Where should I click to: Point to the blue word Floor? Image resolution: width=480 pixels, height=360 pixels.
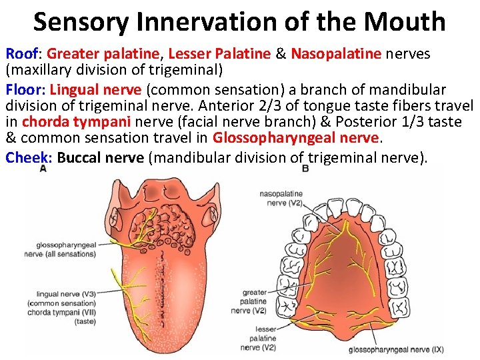coord(25,89)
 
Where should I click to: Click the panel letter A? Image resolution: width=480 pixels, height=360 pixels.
coord(43,169)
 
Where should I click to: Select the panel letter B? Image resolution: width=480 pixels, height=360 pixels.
coord(305,169)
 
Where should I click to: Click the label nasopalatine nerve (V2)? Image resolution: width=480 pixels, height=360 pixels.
coord(281,198)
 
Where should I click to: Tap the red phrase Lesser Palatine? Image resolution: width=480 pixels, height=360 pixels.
coord(219,53)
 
